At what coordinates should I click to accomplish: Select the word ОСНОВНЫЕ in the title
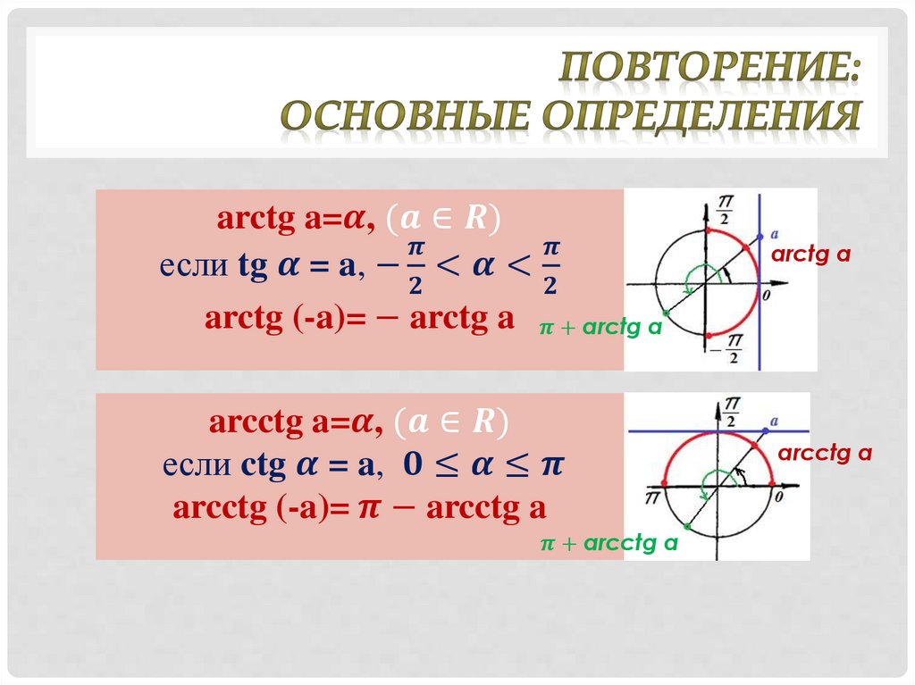point(406,114)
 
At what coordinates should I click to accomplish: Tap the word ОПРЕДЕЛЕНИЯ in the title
point(701,115)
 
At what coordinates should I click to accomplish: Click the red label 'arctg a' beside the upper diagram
point(810,255)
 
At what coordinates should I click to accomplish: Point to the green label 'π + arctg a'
point(600,327)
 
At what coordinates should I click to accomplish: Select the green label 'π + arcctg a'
point(609,543)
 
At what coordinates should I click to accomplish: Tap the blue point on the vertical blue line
point(760,237)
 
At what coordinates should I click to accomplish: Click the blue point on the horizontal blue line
point(766,430)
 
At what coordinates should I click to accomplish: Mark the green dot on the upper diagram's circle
point(666,313)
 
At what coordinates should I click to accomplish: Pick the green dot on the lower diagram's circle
point(687,527)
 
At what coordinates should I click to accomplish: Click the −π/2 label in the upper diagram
point(726,348)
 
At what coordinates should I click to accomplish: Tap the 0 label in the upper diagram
point(766,296)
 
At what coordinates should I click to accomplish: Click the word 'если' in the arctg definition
point(193,265)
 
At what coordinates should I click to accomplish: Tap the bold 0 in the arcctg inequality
point(413,464)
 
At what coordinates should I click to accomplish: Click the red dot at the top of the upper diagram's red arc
point(707,230)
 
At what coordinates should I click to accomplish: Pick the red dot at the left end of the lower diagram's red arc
point(664,483)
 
